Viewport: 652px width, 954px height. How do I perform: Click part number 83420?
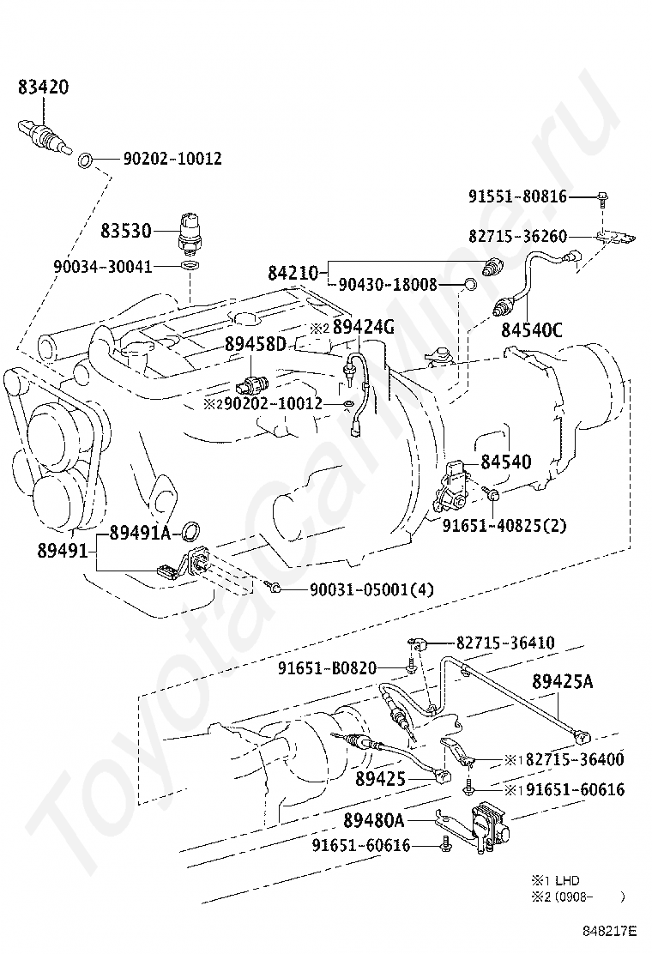click(x=44, y=87)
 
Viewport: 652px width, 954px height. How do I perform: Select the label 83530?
click(x=126, y=230)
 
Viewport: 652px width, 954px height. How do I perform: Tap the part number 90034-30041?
click(x=102, y=267)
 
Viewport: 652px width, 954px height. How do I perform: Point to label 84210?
click(x=293, y=273)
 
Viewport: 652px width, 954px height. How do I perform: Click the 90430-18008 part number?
click(x=388, y=284)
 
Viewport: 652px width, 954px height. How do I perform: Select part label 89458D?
click(x=255, y=343)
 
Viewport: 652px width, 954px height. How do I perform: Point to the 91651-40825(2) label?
click(x=504, y=525)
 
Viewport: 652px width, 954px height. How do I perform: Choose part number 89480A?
click(x=373, y=820)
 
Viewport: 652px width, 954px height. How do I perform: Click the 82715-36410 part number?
click(x=504, y=642)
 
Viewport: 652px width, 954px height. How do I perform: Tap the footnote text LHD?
click(x=567, y=880)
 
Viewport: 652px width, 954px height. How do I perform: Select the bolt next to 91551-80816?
click(x=603, y=198)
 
